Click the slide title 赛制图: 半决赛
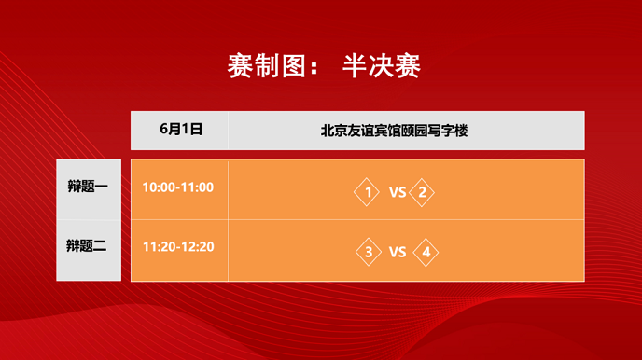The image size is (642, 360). click(324, 65)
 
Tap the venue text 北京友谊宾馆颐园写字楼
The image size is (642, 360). click(394, 131)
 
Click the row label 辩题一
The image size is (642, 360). click(88, 187)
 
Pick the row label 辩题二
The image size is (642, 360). click(87, 246)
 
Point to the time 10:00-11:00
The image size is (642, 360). click(178, 187)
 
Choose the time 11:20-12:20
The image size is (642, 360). click(178, 246)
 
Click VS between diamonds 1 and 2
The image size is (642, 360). click(398, 192)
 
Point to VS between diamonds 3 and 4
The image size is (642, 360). click(398, 252)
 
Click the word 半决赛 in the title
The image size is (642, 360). click(382, 65)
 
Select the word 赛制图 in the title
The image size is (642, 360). click(267, 65)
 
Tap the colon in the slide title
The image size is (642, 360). click(314, 67)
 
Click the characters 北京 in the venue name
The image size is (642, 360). click(334, 131)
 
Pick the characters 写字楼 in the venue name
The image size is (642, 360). click(448, 131)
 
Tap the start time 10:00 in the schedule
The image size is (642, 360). click(159, 187)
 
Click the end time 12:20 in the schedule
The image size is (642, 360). click(198, 246)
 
